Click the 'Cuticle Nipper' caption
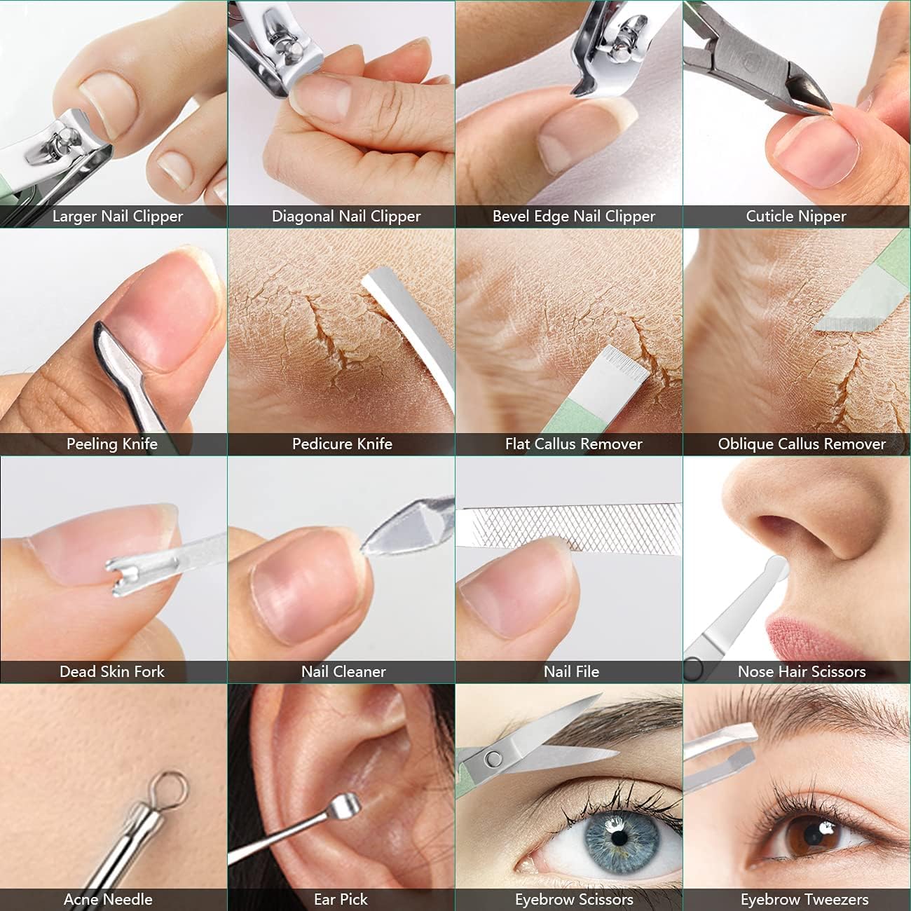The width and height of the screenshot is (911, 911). pos(795,217)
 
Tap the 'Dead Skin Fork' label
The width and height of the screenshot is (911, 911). pos(112,671)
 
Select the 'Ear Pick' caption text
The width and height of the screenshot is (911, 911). pos(341,899)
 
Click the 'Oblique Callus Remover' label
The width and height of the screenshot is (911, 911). pos(801,444)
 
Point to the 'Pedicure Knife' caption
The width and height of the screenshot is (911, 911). pos(342,444)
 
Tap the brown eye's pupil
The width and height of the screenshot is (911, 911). pos(815,834)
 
